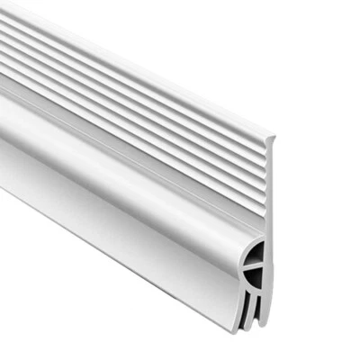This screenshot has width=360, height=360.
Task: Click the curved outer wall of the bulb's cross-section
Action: (244, 261)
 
